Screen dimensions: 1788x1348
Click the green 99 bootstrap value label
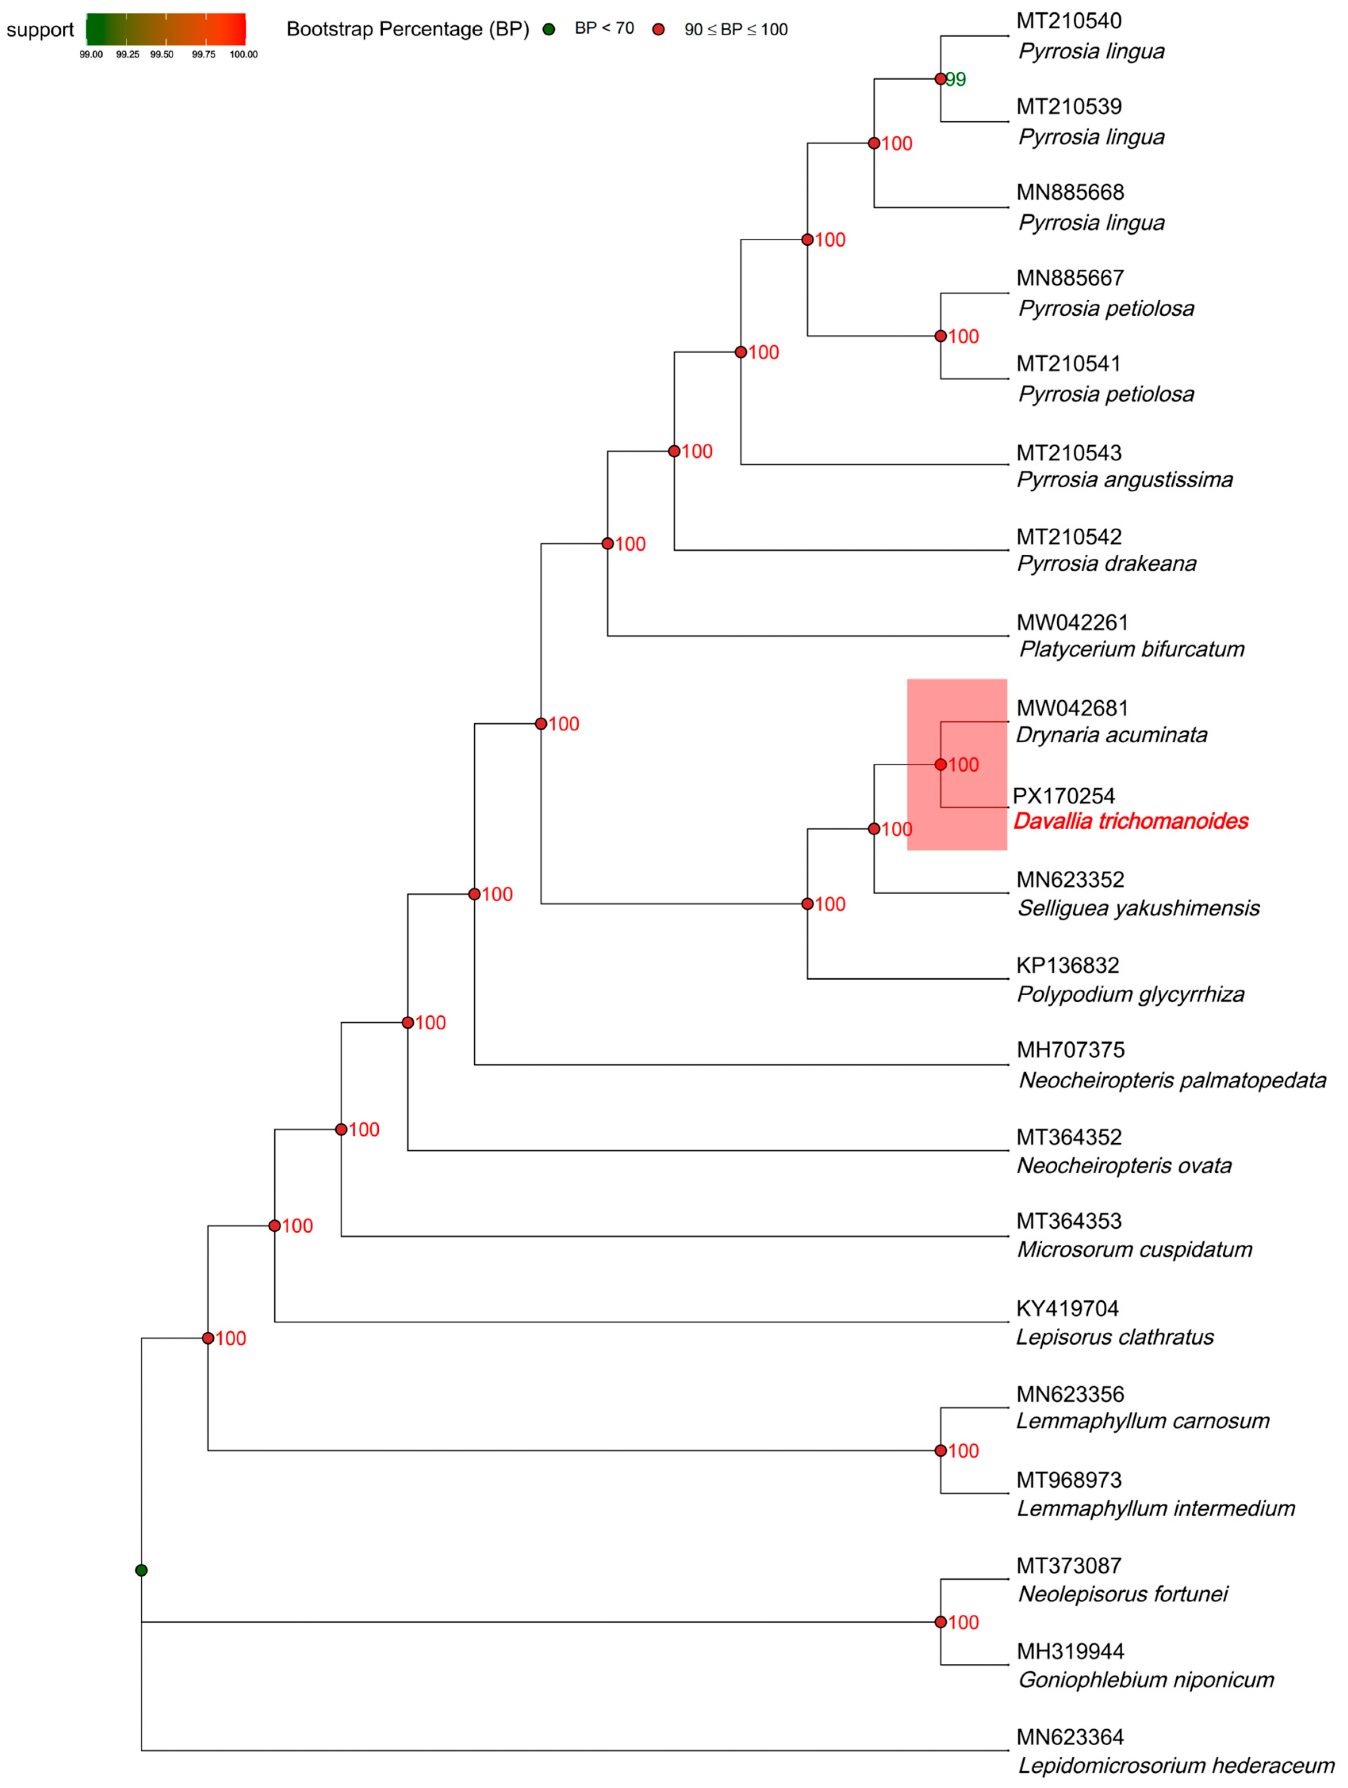(956, 79)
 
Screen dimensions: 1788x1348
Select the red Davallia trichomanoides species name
(1131, 821)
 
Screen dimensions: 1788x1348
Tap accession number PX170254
(1063, 796)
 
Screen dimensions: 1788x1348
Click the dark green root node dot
(142, 1570)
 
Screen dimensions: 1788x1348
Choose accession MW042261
(1072, 623)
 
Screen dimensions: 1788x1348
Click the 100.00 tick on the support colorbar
(244, 54)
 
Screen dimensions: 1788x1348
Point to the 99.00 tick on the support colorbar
(90, 54)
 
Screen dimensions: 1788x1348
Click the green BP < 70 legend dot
(549, 30)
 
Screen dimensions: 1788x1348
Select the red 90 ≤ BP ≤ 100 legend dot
(659, 30)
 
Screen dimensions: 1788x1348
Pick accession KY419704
(1067, 1309)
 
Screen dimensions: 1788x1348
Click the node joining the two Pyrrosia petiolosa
(940, 336)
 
